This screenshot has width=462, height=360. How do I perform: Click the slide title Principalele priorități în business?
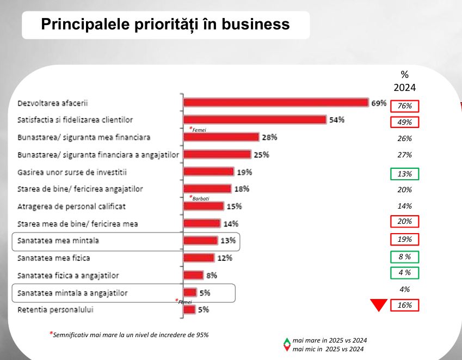pyautogui.click(x=165, y=25)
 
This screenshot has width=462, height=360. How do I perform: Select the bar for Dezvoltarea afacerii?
pyautogui.click(x=276, y=102)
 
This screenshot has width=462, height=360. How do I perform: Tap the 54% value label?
pyautogui.click(x=337, y=120)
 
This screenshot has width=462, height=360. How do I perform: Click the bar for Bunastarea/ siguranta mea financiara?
pyautogui.click(x=221, y=137)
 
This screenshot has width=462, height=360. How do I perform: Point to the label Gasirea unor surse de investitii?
pyautogui.click(x=72, y=172)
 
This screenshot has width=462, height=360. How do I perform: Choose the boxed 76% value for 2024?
pyautogui.click(x=404, y=106)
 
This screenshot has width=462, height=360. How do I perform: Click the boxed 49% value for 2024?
pyautogui.click(x=404, y=122)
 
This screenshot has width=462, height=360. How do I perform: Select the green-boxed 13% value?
pyautogui.click(x=404, y=174)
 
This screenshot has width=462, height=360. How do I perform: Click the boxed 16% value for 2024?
pyautogui.click(x=404, y=306)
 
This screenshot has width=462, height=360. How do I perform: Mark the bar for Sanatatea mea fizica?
pyautogui.click(x=199, y=258)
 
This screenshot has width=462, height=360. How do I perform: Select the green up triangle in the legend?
pyautogui.click(x=287, y=341)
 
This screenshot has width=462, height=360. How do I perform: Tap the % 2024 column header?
pyautogui.click(x=404, y=81)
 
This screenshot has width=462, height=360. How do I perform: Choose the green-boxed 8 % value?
pyautogui.click(x=404, y=257)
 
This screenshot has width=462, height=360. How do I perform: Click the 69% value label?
pyautogui.click(x=379, y=102)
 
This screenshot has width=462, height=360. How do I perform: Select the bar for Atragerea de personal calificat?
pyautogui.click(x=204, y=206)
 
